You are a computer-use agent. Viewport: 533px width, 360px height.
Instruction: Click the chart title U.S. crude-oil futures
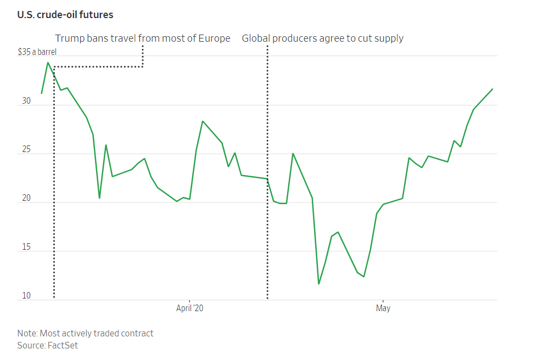(x=65, y=15)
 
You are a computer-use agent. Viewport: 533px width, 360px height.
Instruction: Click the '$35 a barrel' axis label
(x=37, y=53)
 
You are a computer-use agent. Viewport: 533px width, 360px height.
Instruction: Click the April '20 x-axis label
(x=189, y=308)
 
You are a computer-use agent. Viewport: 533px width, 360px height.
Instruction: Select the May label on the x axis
(x=383, y=308)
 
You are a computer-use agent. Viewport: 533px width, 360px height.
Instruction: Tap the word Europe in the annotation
(x=215, y=38)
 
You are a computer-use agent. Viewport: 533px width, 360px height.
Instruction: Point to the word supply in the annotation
(x=389, y=38)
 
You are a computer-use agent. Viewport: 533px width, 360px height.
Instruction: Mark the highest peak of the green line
(x=48, y=63)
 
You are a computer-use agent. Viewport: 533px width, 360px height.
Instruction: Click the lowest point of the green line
(x=319, y=284)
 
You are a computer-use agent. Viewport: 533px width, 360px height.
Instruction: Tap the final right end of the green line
(x=492, y=89)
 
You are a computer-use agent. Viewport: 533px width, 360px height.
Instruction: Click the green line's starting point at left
(x=41, y=93)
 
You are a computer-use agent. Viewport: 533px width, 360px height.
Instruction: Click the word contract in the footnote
(x=137, y=333)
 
